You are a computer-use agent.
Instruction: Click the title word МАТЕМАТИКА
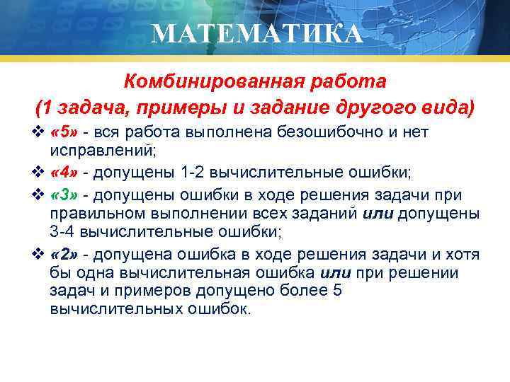point(256,33)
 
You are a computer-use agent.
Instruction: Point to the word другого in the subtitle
point(387,108)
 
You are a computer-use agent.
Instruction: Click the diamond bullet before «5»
point(40,132)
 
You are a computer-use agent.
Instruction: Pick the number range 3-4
point(64,231)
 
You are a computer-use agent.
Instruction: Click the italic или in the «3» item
point(379,213)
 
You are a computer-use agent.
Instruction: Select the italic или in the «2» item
point(336,273)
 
